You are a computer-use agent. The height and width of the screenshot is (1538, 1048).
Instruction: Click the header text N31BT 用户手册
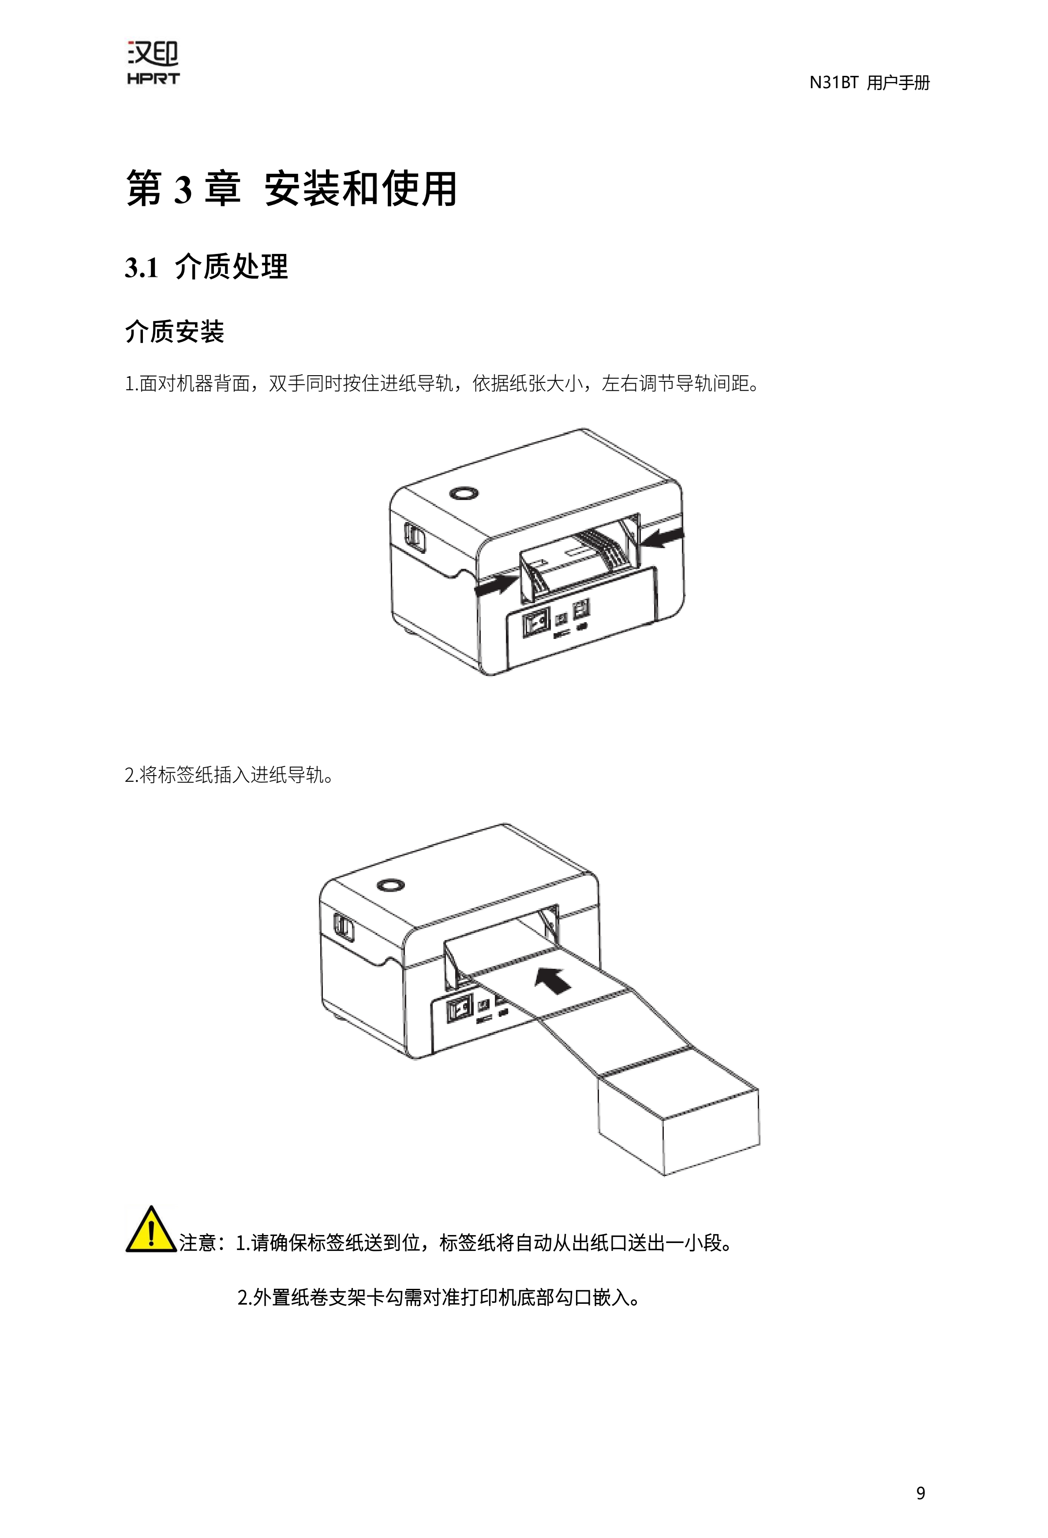[x=869, y=83]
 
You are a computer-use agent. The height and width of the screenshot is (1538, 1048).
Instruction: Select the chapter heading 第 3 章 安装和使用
[x=291, y=189]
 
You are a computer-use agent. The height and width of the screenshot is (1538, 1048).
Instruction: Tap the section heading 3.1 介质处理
[x=206, y=267]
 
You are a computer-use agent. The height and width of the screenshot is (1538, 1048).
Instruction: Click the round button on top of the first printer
[x=462, y=494]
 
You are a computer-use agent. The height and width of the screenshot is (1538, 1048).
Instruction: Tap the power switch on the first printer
[x=537, y=623]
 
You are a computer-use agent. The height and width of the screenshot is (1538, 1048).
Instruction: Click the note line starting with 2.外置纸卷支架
[x=439, y=1298]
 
